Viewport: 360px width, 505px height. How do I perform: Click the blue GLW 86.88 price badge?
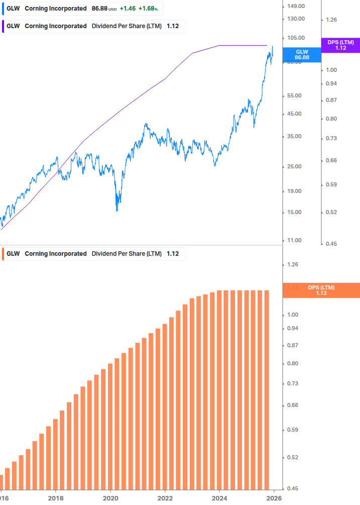pos(302,54)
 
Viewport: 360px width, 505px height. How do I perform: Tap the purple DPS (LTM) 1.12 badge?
pos(340,45)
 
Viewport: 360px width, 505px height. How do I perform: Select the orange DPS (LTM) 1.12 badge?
pos(321,290)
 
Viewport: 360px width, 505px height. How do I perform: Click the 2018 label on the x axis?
pos(56,498)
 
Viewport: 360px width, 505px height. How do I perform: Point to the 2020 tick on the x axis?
pos(110,498)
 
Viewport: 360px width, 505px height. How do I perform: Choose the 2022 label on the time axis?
pos(165,498)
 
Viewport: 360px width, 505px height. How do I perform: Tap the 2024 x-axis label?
pos(219,498)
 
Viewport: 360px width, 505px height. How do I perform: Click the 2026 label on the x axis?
pos(274,498)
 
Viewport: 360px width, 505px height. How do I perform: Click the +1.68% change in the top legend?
pos(149,9)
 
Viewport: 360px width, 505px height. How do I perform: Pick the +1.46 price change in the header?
pos(128,9)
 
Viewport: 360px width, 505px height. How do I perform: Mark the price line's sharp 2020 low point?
pos(117,211)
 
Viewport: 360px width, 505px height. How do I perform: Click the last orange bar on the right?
pos(267,389)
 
